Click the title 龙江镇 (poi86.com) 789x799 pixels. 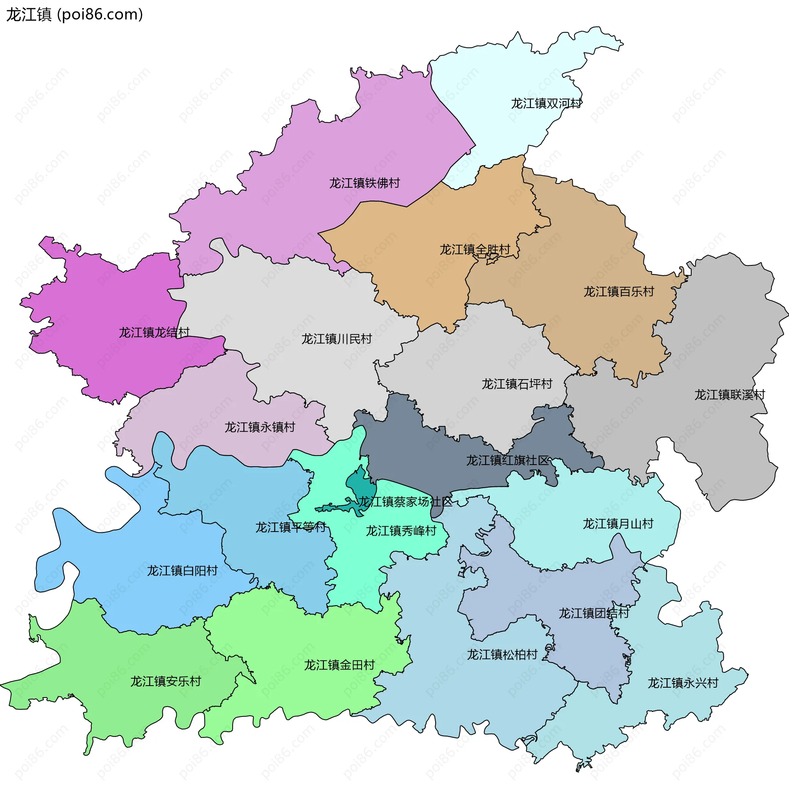74,15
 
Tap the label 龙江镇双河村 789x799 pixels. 546,104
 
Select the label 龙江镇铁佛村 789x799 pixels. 364,183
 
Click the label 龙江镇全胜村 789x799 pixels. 475,250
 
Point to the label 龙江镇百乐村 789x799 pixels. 618,292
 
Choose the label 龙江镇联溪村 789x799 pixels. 729,395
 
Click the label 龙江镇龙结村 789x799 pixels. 154,332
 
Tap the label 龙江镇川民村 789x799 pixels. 337,339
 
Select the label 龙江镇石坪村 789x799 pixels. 517,384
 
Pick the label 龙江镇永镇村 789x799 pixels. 259,427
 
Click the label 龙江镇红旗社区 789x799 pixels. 507,461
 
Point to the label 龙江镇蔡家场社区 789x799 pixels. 405,502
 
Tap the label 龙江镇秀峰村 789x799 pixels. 401,531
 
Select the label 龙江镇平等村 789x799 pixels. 291,528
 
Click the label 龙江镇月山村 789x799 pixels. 618,524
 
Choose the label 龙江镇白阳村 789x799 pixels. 182,571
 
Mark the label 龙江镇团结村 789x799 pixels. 594,613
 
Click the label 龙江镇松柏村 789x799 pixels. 502,655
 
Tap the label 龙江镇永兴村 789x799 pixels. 683,683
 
